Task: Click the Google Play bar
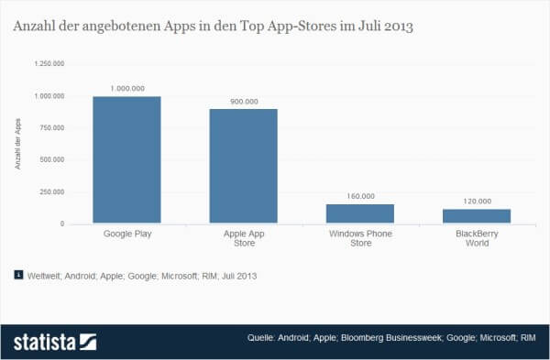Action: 127,160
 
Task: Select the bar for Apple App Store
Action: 243,166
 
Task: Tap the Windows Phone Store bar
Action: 359,213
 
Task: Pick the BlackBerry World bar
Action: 477,216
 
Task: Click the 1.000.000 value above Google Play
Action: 127,87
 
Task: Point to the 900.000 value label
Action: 243,100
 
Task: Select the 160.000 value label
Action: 359,195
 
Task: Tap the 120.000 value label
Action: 477,200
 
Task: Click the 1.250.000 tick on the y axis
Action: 49,64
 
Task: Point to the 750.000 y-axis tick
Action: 51,128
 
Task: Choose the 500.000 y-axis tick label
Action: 51,160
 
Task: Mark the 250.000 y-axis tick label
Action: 51,192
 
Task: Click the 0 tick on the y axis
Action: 62,224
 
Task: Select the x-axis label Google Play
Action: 127,235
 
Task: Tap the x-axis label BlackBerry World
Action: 477,240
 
